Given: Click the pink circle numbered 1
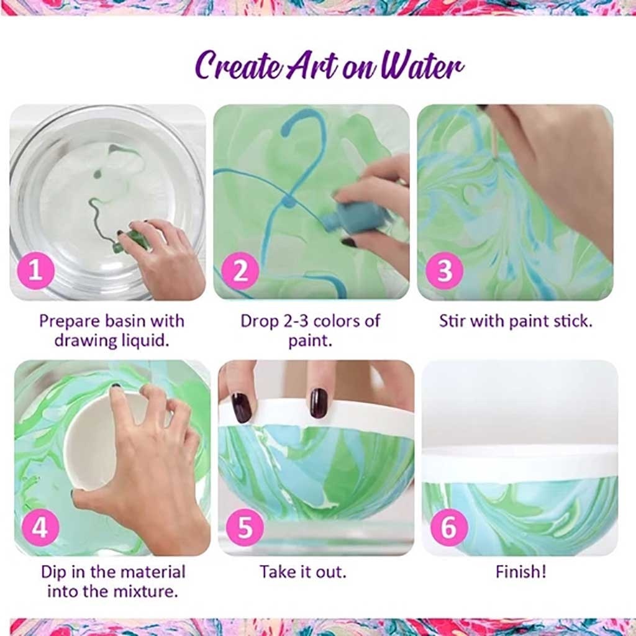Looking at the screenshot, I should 36,271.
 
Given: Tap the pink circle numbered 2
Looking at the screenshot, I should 240,271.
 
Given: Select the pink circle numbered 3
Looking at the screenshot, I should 445,271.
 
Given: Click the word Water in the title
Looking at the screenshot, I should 422,66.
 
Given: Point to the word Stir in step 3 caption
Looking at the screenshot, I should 452,322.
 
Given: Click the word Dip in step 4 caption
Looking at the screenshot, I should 54,571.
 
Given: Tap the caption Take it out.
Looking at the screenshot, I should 302,571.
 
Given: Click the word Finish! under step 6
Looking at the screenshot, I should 520,571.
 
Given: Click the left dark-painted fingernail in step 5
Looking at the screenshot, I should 242,407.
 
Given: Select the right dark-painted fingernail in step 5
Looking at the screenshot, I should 319,402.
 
